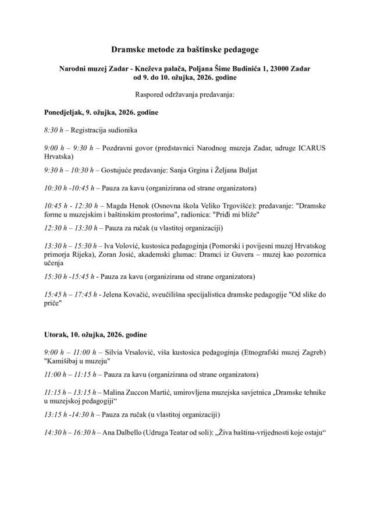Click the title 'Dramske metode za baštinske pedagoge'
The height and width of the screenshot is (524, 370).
[x=184, y=52]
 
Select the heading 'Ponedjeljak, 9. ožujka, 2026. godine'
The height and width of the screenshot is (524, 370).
[x=101, y=111]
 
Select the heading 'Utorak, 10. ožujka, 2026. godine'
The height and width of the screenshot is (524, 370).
[x=95, y=335]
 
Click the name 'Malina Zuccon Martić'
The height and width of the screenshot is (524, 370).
[x=143, y=393]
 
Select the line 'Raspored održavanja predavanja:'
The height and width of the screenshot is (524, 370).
[x=184, y=94]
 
